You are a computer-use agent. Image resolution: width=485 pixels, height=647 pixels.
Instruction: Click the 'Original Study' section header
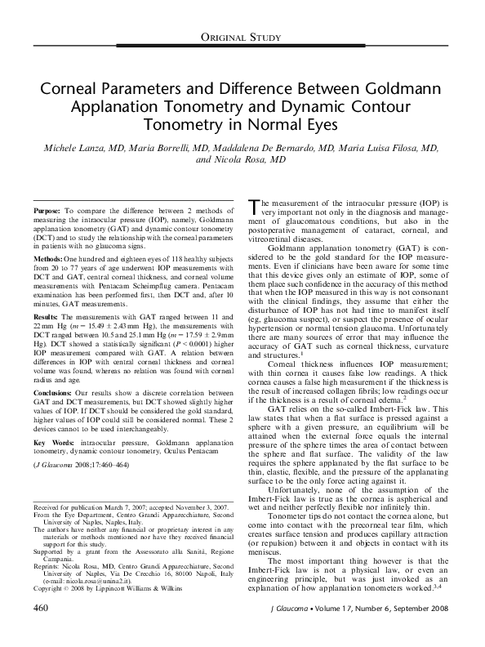(x=242, y=38)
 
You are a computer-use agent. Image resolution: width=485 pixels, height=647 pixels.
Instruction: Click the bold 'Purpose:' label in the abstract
(x=47, y=210)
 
